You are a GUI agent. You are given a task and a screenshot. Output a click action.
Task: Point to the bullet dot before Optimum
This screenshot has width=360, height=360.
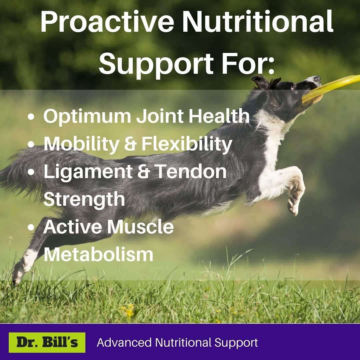[x=31, y=116]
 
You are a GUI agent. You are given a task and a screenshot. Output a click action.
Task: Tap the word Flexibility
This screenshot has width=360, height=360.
[x=187, y=144]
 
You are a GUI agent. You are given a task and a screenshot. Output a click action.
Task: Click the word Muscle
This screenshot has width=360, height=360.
[x=140, y=227]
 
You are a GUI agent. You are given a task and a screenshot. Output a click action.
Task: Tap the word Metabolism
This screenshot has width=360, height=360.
[x=98, y=254]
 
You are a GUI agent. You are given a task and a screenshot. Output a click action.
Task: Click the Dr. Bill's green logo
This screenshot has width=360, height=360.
[x=47, y=342]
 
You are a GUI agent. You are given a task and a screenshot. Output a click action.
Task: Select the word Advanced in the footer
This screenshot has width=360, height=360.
[x=124, y=343]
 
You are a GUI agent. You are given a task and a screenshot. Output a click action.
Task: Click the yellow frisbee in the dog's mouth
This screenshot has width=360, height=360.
[x=331, y=88]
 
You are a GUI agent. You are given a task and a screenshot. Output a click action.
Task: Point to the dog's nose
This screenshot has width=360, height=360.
[x=318, y=79]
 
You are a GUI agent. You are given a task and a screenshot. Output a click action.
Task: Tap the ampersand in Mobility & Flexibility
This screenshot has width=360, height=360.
[x=130, y=144]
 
